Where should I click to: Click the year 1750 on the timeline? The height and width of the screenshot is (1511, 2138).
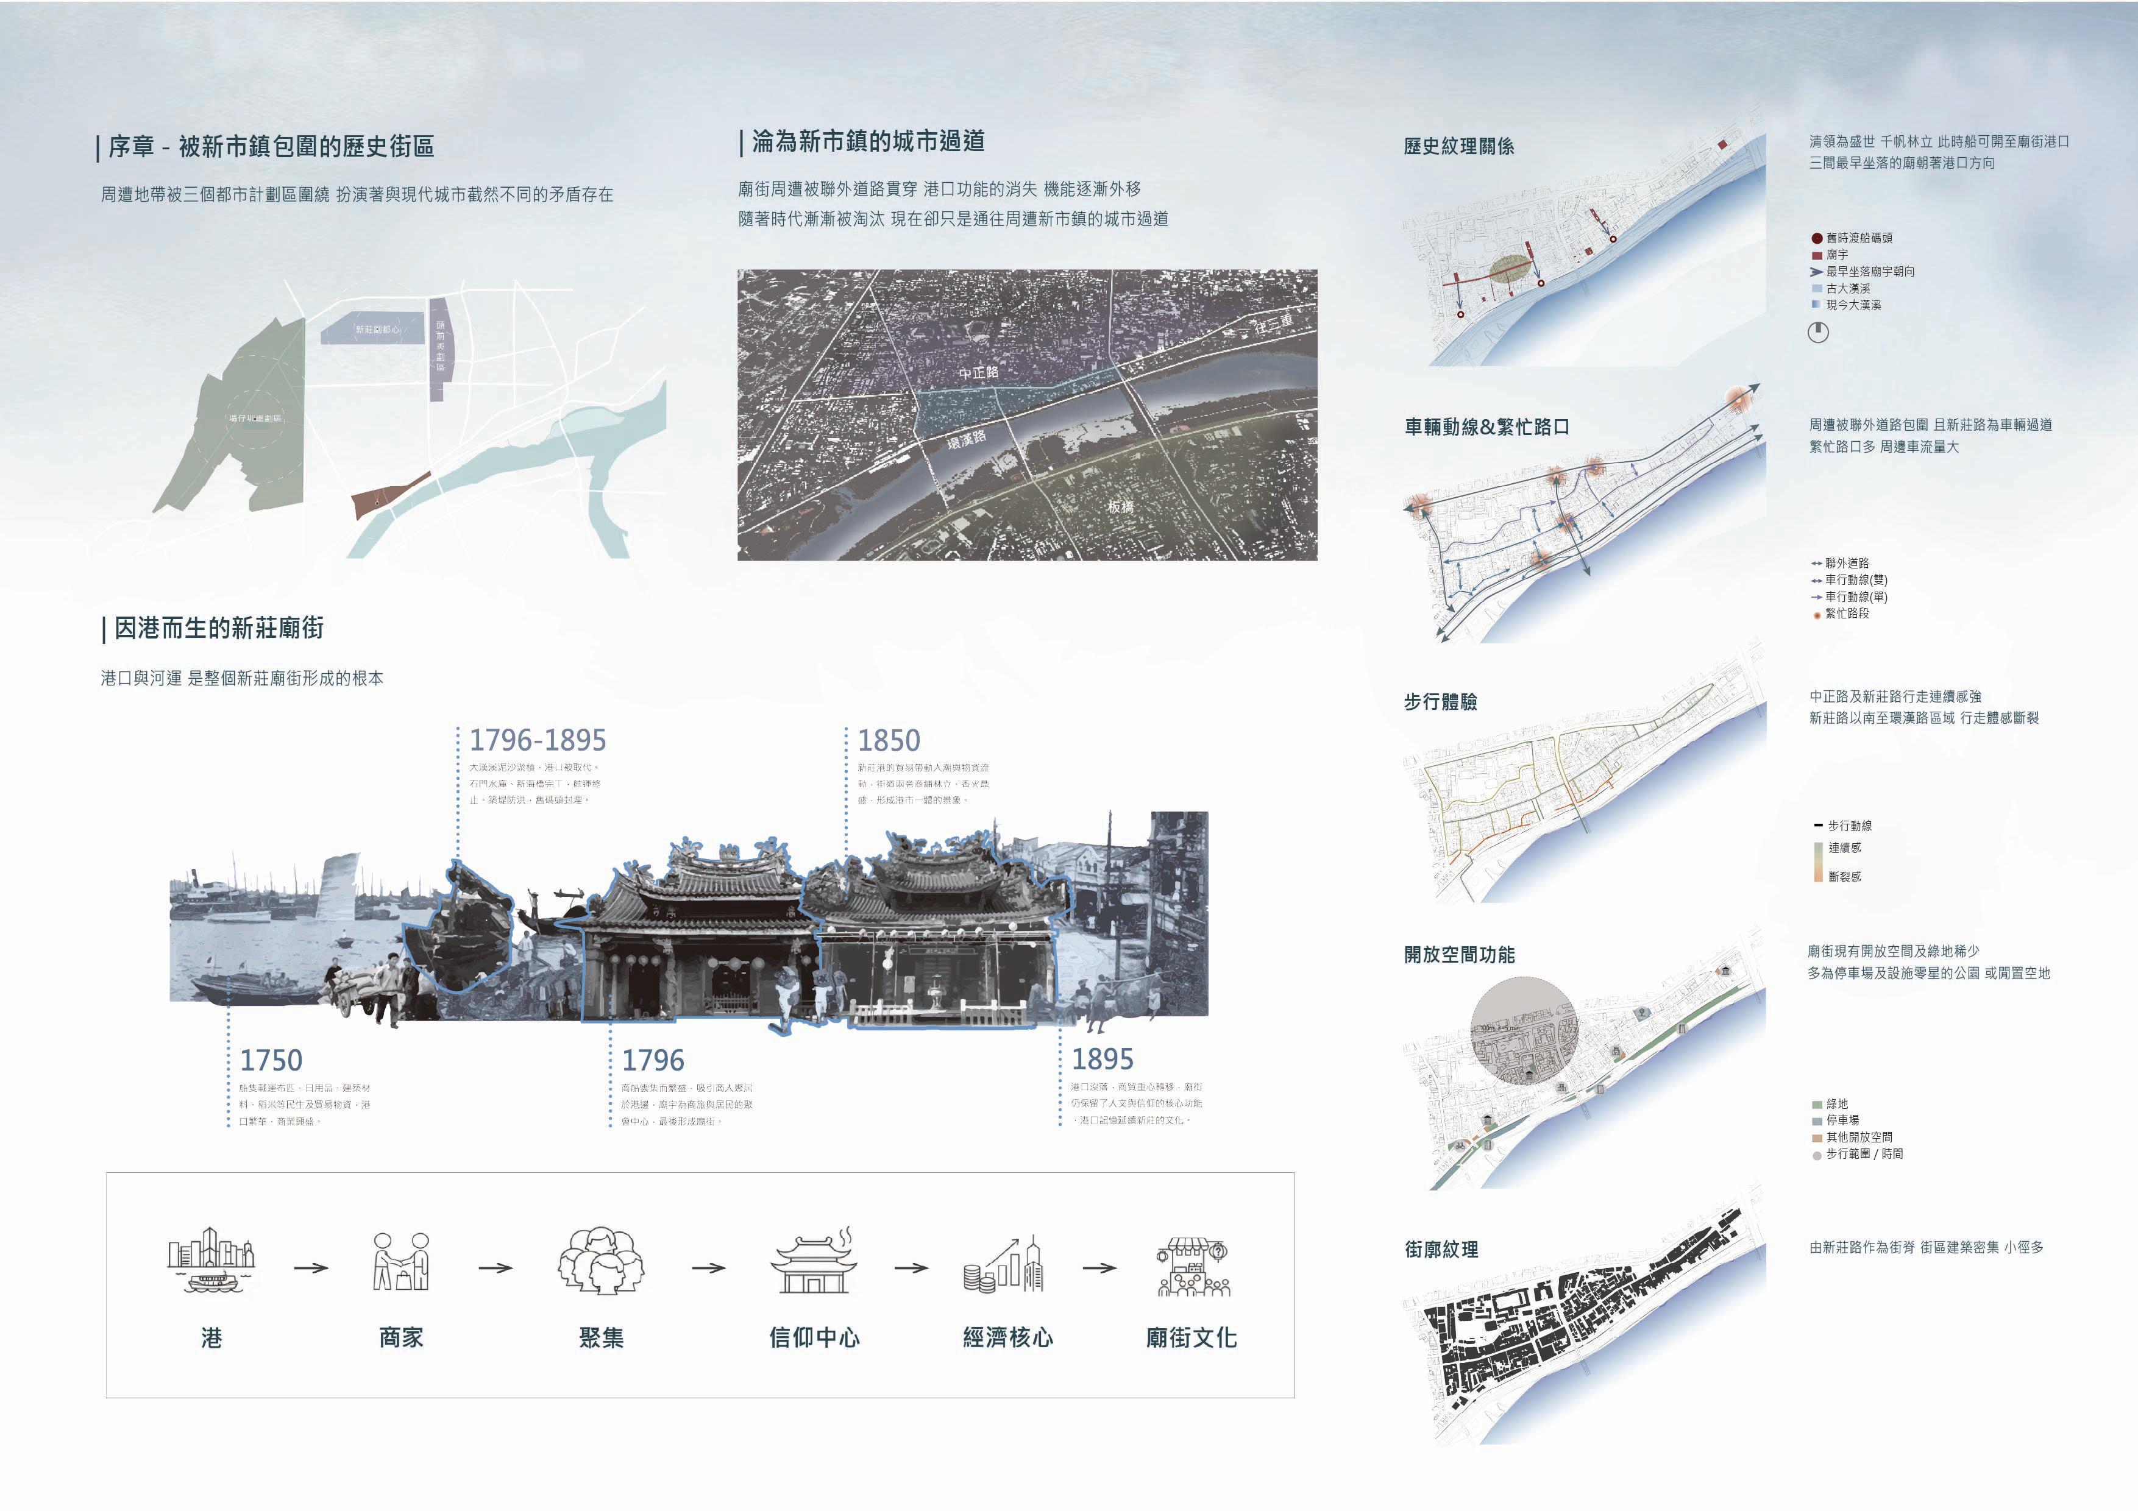click(x=271, y=1060)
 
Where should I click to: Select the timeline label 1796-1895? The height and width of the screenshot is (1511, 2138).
click(x=538, y=740)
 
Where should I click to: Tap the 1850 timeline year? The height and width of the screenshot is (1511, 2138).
click(x=889, y=740)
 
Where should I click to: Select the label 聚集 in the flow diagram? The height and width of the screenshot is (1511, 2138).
click(x=602, y=1338)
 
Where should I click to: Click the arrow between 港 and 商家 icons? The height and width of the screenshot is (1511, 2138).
click(x=311, y=1268)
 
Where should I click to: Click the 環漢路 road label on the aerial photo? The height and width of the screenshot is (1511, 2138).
click(x=967, y=439)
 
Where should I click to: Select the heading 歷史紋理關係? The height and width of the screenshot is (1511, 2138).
click(x=1458, y=146)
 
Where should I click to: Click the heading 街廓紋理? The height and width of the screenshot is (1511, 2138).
click(x=1441, y=1250)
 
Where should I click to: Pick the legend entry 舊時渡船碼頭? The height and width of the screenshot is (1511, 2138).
click(x=1858, y=238)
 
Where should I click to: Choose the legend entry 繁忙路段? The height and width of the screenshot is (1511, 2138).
click(x=1845, y=614)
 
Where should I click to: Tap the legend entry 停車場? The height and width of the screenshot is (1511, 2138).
click(x=1841, y=1120)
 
